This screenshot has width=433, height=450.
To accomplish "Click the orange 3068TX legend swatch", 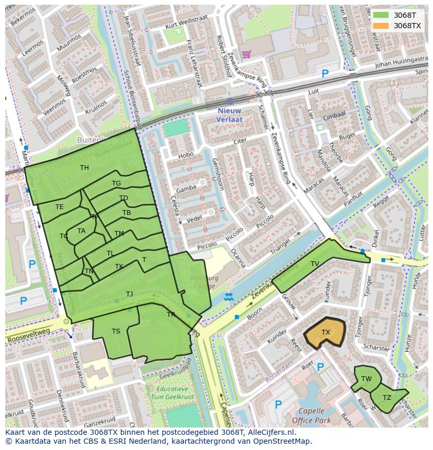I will pos(381,26).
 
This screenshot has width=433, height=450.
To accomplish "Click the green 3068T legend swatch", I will pos(381,15).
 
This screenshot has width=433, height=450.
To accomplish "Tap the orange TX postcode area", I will pos(326,332).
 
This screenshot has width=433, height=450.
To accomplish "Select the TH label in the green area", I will pos(84,168).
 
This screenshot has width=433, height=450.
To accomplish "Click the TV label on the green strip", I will pos(314,264).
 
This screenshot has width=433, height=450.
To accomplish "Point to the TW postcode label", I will pos(366,379).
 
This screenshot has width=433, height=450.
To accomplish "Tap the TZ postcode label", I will pos(386,398).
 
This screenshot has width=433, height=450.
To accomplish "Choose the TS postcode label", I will pos(116,331).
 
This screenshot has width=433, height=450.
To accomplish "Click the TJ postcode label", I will pos(129,294).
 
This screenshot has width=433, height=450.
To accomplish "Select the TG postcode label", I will pos(116,183).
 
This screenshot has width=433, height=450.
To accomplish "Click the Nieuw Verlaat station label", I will pos(229,115).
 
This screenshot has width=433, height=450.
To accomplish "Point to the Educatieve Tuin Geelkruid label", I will pos(172,393).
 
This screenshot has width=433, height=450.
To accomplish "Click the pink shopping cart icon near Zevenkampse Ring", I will pos(246,53).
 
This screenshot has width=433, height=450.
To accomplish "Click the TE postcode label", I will pos(60,207).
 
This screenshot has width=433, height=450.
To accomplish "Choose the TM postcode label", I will pos(119,234).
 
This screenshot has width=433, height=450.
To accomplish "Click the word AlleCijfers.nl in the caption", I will pos(271,432).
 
